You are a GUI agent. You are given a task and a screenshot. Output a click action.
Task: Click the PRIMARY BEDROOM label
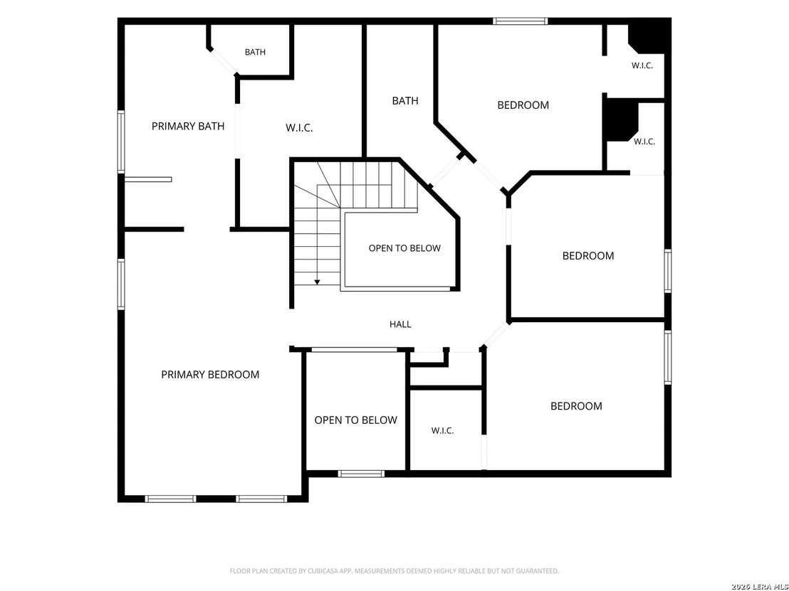tap(210, 374)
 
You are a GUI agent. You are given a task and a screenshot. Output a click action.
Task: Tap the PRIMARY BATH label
tap(188, 126)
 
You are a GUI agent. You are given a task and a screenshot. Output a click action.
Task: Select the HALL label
tap(400, 324)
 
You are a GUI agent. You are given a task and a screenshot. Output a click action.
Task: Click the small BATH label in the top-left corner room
tap(255, 52)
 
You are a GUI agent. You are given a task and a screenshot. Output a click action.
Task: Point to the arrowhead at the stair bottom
tap(317, 282)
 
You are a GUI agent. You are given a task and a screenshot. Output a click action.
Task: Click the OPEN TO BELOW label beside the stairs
tap(404, 248)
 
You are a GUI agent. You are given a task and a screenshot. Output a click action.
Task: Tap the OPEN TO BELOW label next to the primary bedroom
tap(356, 420)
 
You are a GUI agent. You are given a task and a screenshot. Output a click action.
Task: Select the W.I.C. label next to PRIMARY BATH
tap(299, 128)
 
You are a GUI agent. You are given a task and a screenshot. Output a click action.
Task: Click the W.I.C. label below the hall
tap(443, 431)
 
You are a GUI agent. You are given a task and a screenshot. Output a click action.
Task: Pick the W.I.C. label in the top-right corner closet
tap(642, 65)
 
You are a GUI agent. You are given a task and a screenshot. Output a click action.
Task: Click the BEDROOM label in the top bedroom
tap(523, 105)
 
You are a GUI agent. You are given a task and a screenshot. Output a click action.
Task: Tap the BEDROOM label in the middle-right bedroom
tap(588, 256)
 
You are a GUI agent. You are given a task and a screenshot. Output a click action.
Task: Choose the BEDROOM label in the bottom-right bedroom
tap(576, 406)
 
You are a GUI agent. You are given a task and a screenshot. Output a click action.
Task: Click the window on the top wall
tap(521, 21)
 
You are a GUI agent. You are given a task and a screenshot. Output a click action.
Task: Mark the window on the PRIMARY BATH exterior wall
tap(121, 142)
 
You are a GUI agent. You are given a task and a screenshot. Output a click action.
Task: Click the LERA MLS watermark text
tap(770, 587)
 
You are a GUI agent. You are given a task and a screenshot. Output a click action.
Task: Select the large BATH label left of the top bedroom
tap(405, 101)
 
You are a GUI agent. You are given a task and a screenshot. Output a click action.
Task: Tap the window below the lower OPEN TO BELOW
tap(361, 474)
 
